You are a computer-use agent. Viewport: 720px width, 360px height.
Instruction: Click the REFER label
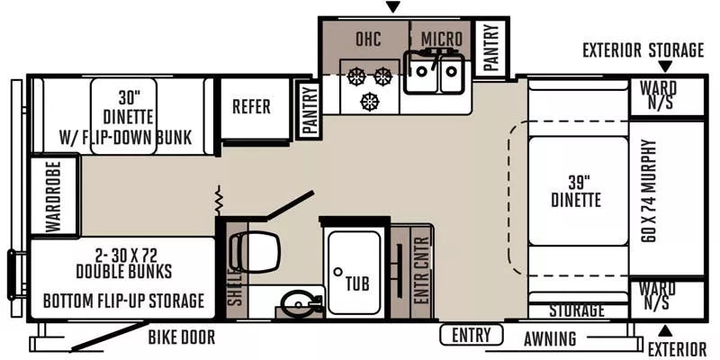pyautogui.click(x=251, y=107)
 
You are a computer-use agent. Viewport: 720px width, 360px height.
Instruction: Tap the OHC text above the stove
pyautogui.click(x=369, y=40)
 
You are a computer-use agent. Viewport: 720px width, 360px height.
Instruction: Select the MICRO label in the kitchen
pyautogui.click(x=441, y=40)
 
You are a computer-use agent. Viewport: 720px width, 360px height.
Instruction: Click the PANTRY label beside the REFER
pyautogui.click(x=310, y=110)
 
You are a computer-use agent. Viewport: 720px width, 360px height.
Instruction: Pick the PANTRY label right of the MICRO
pyautogui.click(x=491, y=47)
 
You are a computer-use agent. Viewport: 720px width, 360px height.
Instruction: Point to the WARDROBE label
pyautogui.click(x=52, y=197)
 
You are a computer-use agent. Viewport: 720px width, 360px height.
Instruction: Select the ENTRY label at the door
pyautogui.click(x=472, y=337)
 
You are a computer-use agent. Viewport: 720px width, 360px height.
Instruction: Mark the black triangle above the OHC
pyautogui.click(x=391, y=8)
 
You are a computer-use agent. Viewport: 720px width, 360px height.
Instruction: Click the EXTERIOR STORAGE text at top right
pyautogui.click(x=643, y=49)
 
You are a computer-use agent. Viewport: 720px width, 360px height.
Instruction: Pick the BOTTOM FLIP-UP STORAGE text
pyautogui.click(x=122, y=301)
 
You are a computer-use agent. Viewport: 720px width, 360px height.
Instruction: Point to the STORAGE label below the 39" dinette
pyautogui.click(x=576, y=310)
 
